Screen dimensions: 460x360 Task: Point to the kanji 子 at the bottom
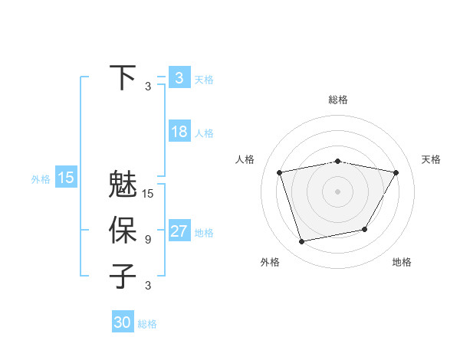123,275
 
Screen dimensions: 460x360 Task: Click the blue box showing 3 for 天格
179,78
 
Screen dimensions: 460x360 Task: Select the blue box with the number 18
179,132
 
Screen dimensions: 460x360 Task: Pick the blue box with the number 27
179,231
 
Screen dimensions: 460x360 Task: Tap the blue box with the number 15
66,178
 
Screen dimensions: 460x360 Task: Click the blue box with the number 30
122,322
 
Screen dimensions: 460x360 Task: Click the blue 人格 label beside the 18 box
204,133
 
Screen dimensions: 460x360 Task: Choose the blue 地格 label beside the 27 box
204,233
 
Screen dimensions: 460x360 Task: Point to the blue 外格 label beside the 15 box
41,179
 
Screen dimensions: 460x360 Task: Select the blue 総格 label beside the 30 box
147,324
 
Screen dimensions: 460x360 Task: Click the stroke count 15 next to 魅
148,194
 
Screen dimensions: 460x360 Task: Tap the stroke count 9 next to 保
147,240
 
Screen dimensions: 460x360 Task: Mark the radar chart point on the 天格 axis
396,172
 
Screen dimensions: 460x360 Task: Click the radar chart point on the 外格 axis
302,242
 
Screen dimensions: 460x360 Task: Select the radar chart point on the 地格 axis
365,230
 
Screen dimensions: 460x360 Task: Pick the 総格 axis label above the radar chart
338,100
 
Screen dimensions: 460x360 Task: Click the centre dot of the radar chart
338,191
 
